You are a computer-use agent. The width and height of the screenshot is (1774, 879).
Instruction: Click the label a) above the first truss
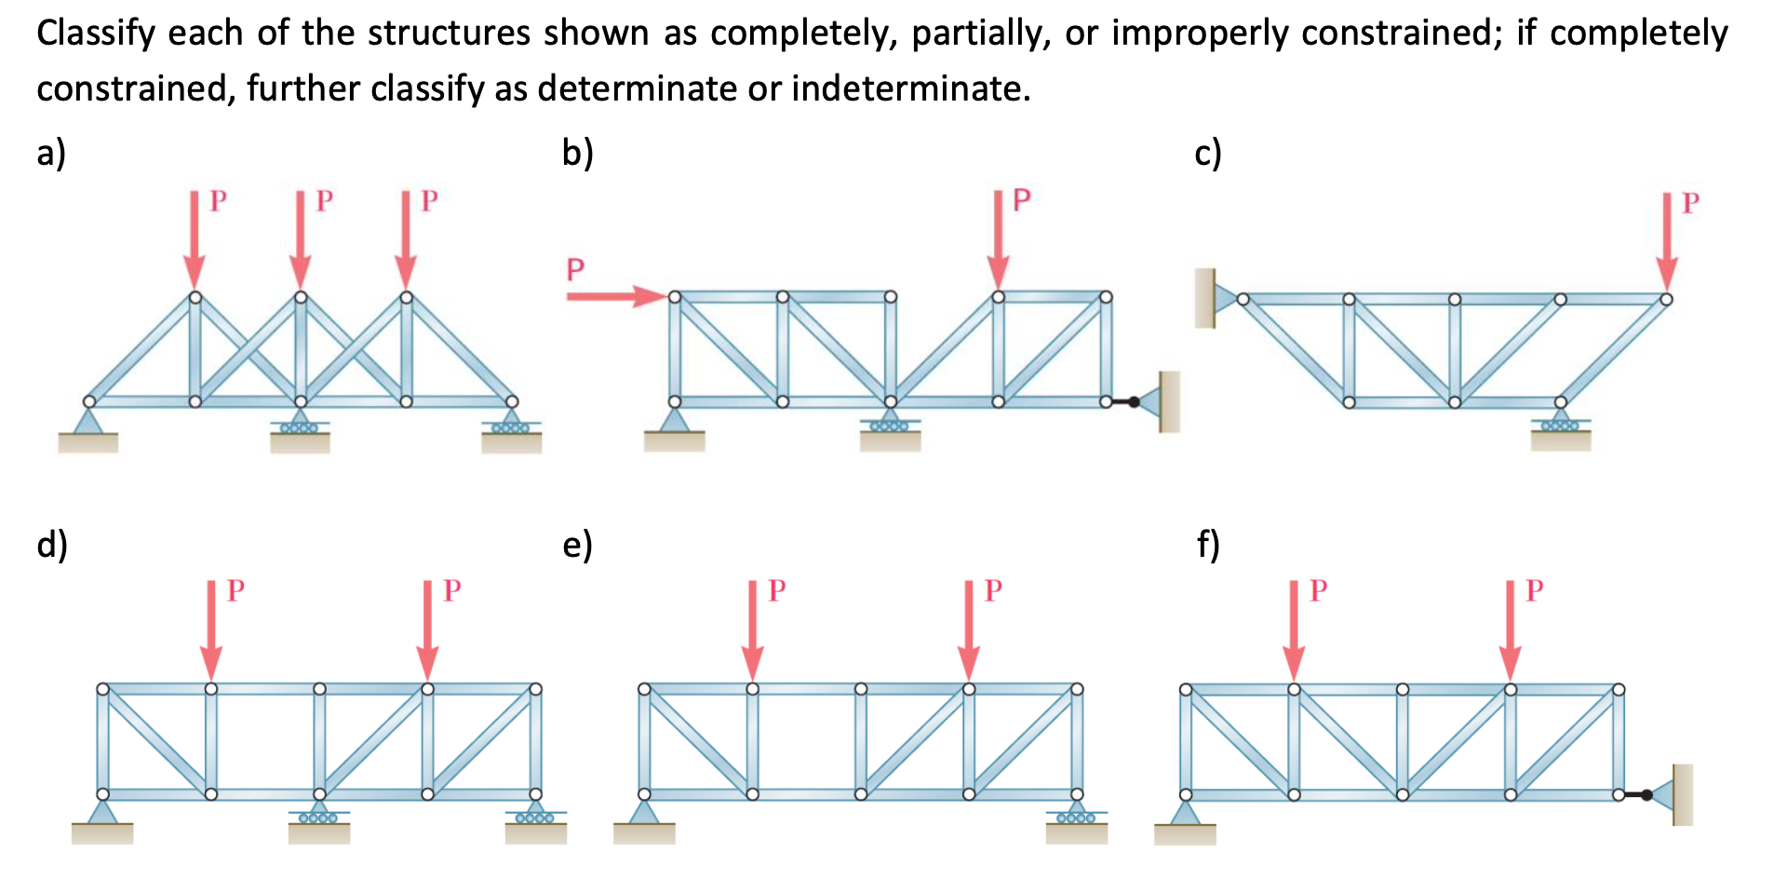point(51,152)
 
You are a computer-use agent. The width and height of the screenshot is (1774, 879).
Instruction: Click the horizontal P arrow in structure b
point(615,296)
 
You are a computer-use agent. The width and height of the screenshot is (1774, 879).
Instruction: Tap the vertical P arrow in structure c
point(1666,242)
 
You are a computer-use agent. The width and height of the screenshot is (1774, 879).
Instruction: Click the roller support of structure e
point(1076,819)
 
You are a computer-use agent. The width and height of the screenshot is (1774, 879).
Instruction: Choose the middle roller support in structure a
point(300,428)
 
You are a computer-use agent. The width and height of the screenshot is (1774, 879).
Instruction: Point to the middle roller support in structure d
point(319,819)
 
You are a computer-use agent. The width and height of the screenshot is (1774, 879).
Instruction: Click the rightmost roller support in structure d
point(535,819)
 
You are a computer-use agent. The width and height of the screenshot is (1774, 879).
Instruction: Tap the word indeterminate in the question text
point(910,88)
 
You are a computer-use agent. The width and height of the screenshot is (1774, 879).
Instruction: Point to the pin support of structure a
point(88,428)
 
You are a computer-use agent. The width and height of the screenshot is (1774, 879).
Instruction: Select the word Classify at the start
point(96,33)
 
